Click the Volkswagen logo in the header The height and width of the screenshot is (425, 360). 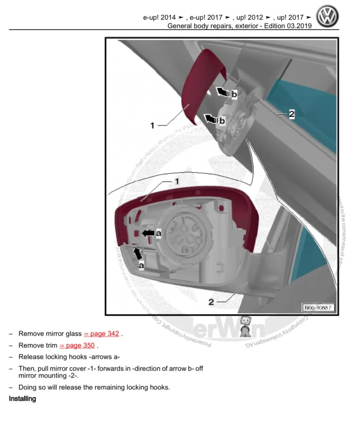point(327,17)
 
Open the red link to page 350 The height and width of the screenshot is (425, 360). point(77,346)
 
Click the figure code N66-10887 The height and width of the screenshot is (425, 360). point(318,308)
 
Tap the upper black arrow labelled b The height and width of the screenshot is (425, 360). point(222,92)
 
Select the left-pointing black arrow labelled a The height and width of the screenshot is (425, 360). point(148,233)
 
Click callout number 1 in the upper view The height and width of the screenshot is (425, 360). point(153,126)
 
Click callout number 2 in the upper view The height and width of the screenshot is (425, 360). point(291,114)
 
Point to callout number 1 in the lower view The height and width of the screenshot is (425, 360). point(177,182)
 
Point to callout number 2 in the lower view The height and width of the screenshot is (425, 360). point(211,302)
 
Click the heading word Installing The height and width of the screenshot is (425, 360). point(22,399)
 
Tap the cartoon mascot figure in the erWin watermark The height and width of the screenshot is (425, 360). point(246,327)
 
